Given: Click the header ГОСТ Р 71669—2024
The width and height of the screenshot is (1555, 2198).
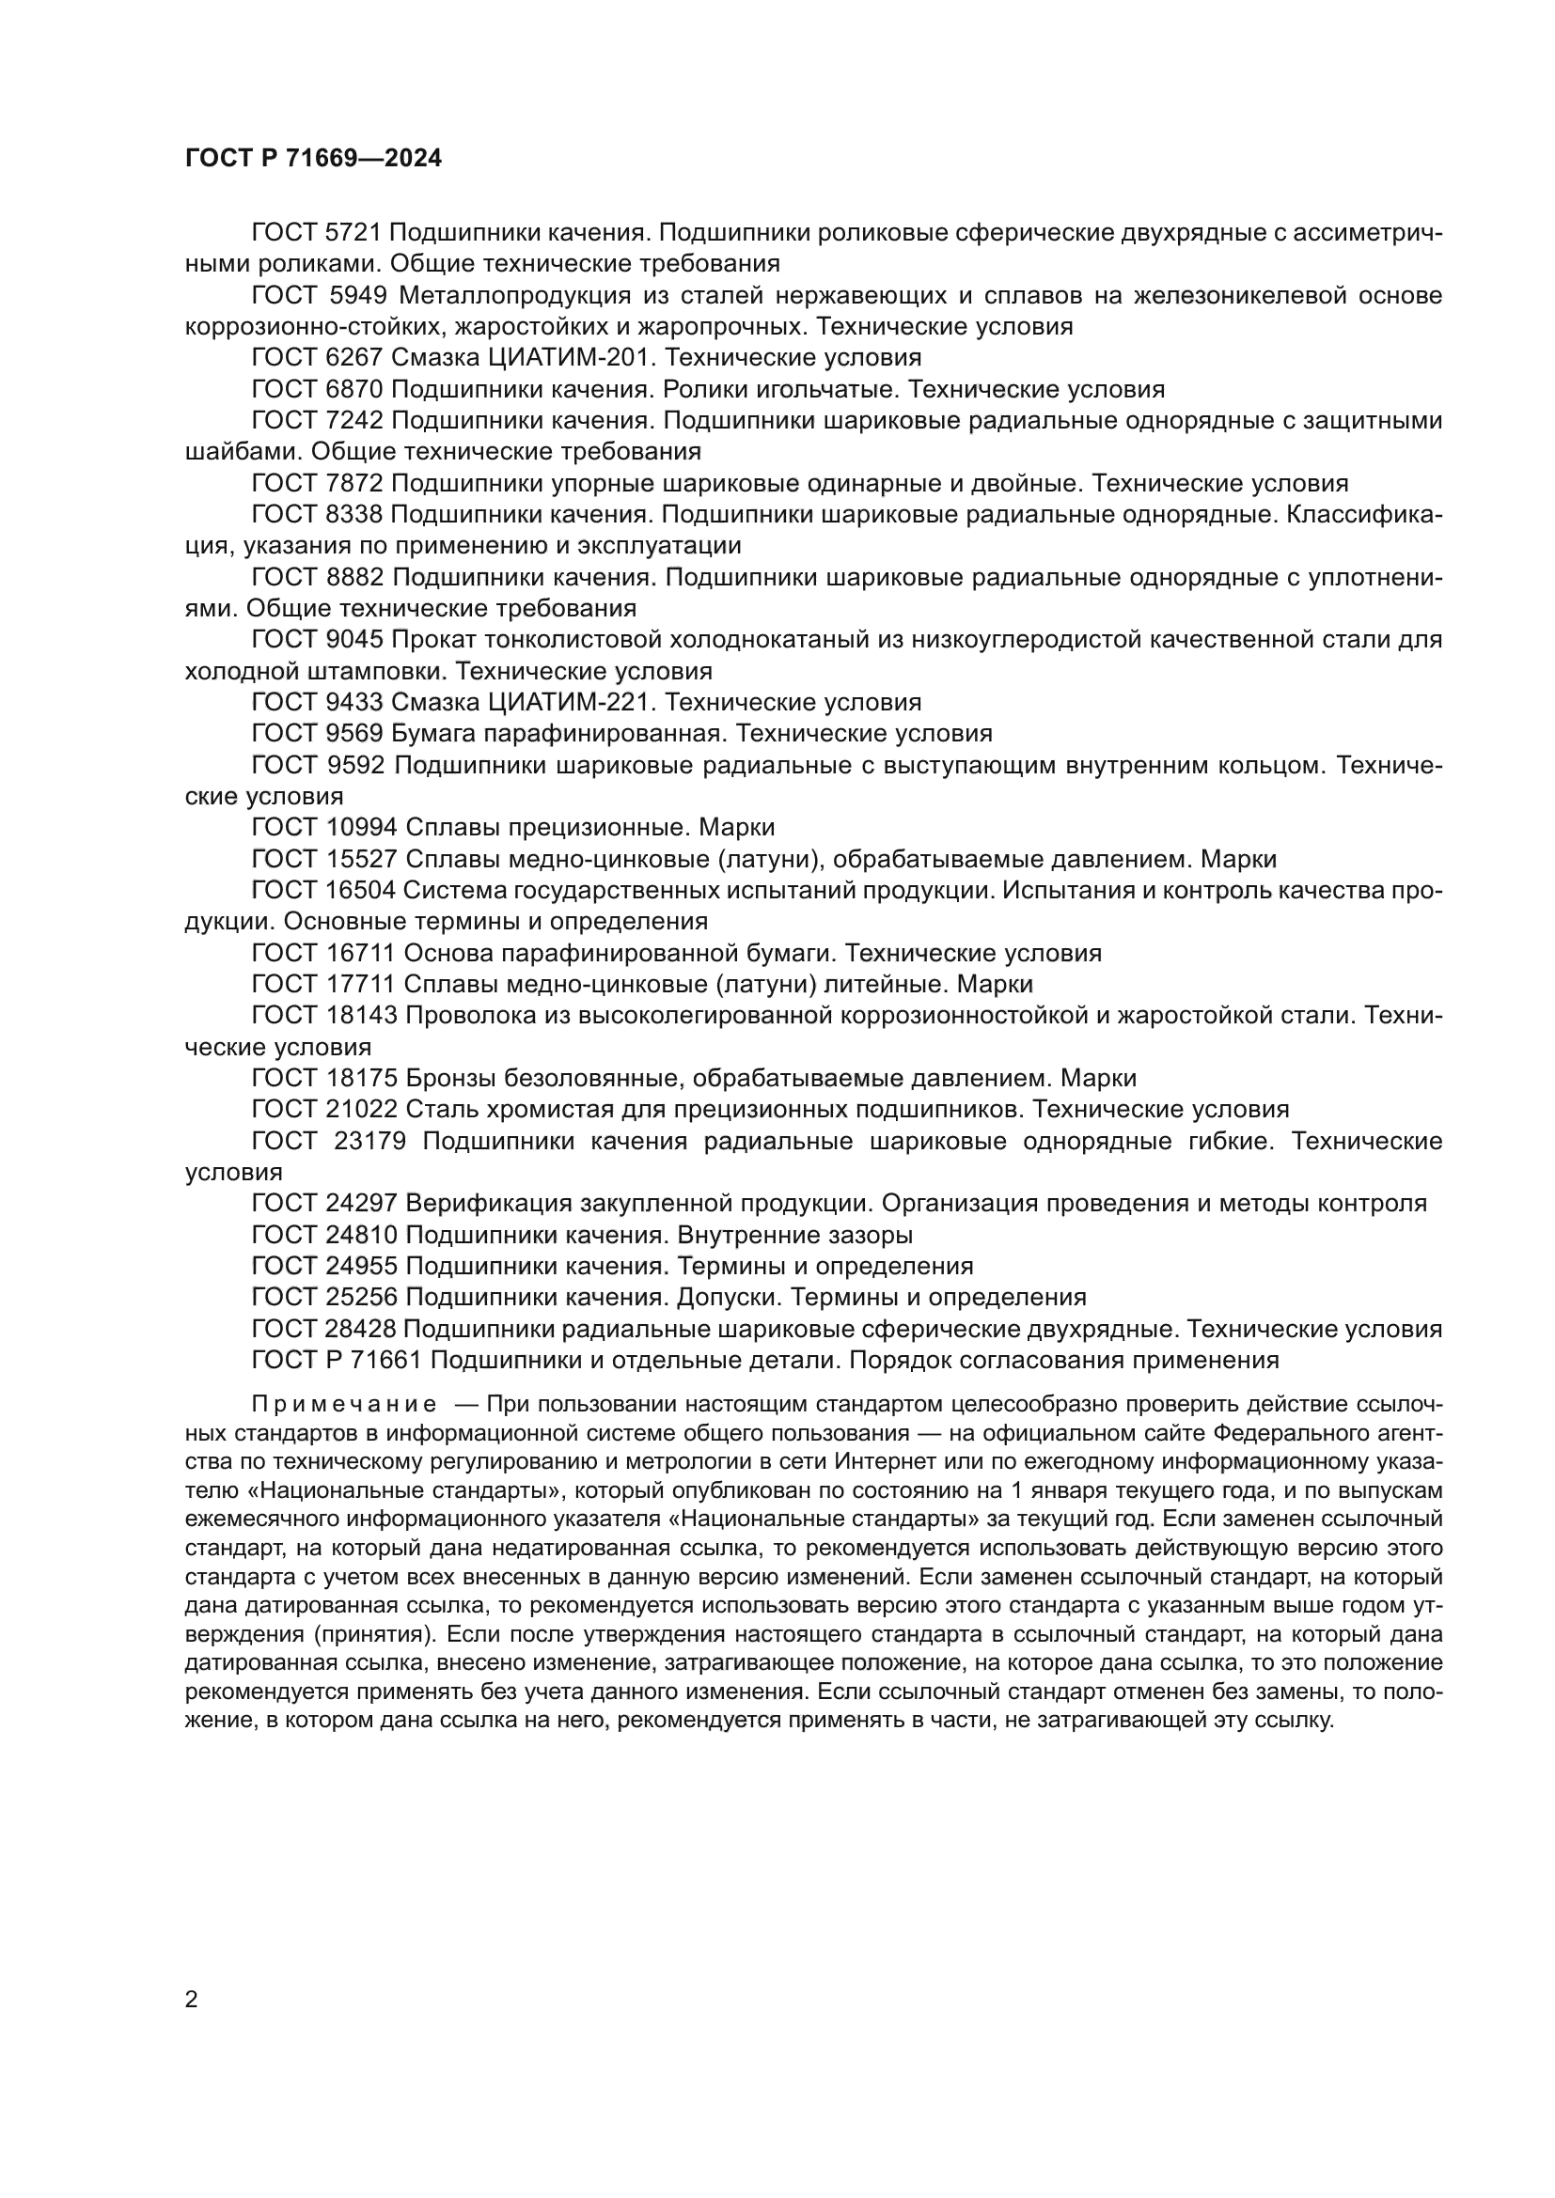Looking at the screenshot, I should click(313, 159).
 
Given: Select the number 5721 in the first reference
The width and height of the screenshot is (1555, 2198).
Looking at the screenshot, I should click(354, 233).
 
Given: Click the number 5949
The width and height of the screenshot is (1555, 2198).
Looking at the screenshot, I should click(354, 296).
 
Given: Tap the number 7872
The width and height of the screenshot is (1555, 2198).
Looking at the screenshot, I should click(354, 483).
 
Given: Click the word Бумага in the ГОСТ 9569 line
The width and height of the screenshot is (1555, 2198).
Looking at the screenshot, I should click(437, 734).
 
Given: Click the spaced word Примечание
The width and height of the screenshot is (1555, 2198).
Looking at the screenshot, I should click(345, 1405).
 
